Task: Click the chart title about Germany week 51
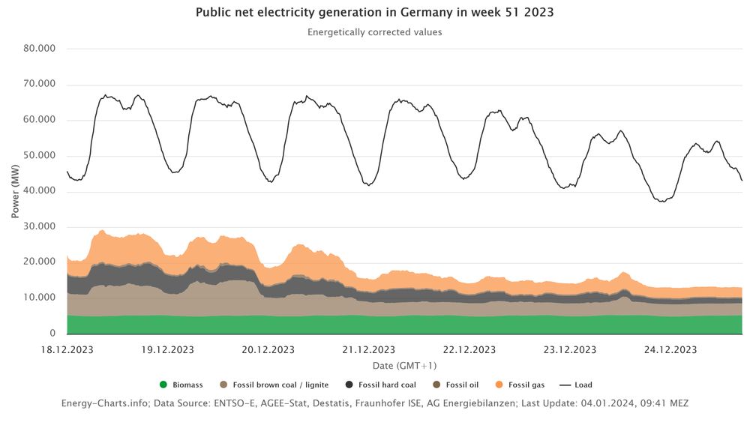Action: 374,13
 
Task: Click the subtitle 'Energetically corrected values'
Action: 374,32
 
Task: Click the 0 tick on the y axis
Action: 52,333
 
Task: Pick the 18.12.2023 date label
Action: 68,350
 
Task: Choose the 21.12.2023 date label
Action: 368,350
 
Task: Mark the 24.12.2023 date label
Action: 670,350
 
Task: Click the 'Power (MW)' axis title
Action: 16,191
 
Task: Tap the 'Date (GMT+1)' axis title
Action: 404,366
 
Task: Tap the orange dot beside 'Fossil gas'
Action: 500,385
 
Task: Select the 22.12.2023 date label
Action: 469,350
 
